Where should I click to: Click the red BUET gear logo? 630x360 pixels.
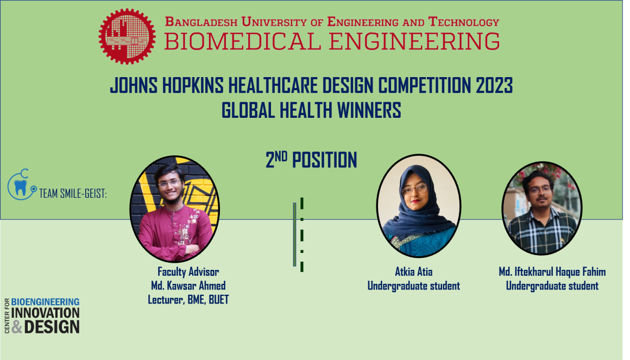click(x=127, y=36)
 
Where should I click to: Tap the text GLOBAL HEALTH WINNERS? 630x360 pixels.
click(x=311, y=110)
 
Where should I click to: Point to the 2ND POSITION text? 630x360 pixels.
click(x=311, y=160)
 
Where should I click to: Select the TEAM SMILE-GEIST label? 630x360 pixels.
click(x=73, y=193)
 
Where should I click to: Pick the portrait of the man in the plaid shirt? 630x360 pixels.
click(x=541, y=208)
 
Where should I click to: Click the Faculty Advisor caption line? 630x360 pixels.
click(x=188, y=272)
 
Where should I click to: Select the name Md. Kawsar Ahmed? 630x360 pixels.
click(x=188, y=286)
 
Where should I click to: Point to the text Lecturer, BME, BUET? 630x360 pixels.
click(x=188, y=299)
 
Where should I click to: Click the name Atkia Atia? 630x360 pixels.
click(x=414, y=272)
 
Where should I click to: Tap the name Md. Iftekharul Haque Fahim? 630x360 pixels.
click(x=552, y=272)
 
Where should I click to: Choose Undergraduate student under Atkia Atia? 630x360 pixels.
click(x=414, y=286)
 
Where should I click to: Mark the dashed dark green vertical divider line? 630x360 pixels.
click(x=302, y=235)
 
